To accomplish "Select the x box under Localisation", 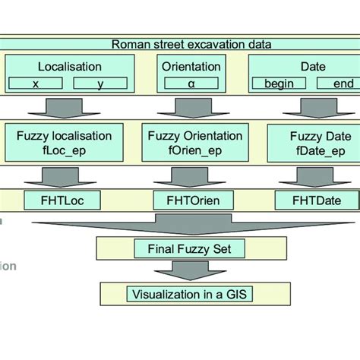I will [x=36, y=84].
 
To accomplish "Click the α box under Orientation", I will [x=191, y=84].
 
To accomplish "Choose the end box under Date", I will [x=338, y=84].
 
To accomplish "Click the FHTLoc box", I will [x=64, y=201].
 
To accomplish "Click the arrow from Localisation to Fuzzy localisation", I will [x=64, y=109].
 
